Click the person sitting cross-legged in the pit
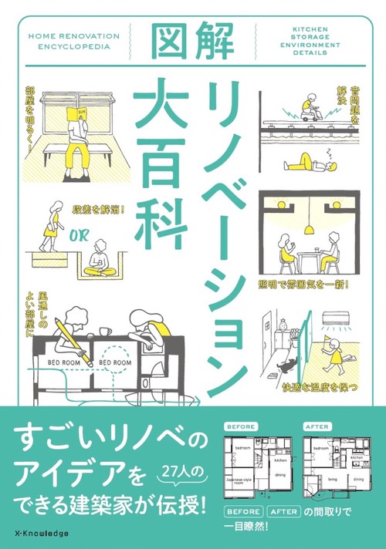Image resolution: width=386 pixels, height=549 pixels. click(x=100, y=260)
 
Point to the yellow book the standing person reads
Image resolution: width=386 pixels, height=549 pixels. click(x=76, y=116)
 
